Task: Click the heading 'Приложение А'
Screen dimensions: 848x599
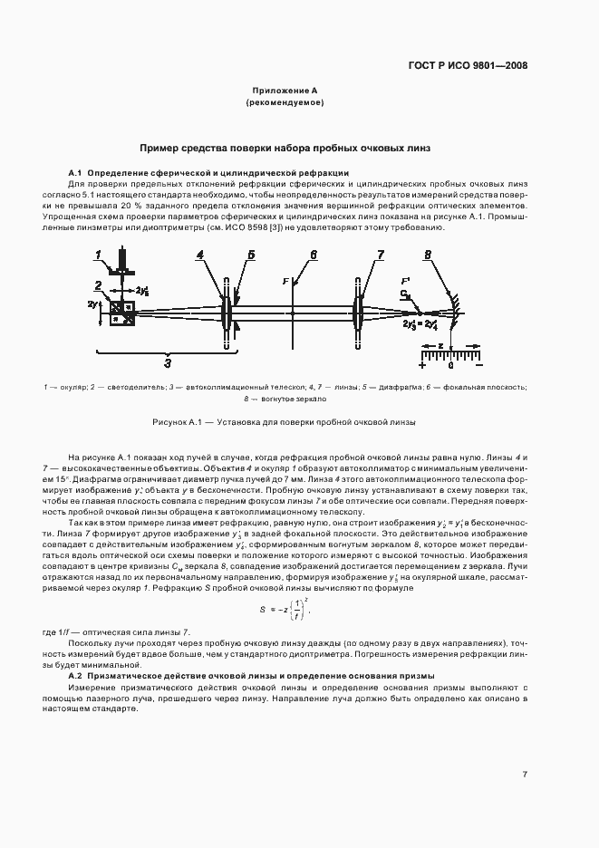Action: pyautogui.click(x=285, y=92)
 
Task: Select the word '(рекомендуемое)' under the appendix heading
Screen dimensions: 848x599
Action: pyautogui.click(x=285, y=103)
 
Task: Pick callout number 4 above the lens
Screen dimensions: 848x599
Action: pyautogui.click(x=199, y=255)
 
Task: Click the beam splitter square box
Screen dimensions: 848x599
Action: pyautogui.click(x=121, y=313)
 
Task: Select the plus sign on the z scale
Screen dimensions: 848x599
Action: pyautogui.click(x=423, y=363)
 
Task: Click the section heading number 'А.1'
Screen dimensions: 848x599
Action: pyautogui.click(x=75, y=172)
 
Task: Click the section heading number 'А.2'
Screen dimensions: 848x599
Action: pyautogui.click(x=75, y=676)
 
